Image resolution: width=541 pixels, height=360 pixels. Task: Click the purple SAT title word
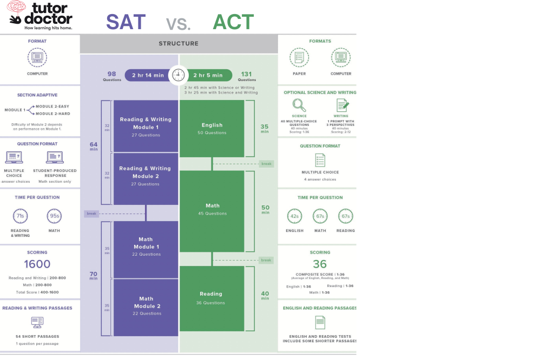tap(126, 22)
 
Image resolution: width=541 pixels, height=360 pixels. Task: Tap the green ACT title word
tap(233, 22)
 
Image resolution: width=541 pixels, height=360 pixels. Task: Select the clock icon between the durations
tap(178, 75)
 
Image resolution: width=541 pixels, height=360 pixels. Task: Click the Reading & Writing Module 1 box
tap(146, 126)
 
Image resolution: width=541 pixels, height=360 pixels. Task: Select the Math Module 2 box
tap(146, 306)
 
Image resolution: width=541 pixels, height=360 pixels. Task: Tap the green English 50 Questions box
tap(212, 128)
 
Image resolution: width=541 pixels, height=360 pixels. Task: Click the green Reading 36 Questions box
tap(212, 298)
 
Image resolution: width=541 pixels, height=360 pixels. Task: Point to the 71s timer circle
tap(20, 216)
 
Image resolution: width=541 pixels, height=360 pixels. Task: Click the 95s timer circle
tap(54, 216)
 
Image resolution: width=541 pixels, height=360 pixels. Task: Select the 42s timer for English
tap(295, 216)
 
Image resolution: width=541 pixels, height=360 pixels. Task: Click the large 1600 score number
tap(37, 264)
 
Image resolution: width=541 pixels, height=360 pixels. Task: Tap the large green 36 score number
tap(320, 264)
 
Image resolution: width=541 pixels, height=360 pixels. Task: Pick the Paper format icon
tap(299, 57)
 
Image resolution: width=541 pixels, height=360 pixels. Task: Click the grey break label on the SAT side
tap(91, 214)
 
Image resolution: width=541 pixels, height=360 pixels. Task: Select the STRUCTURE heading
tap(179, 43)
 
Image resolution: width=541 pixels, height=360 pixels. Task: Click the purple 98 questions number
tap(111, 74)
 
